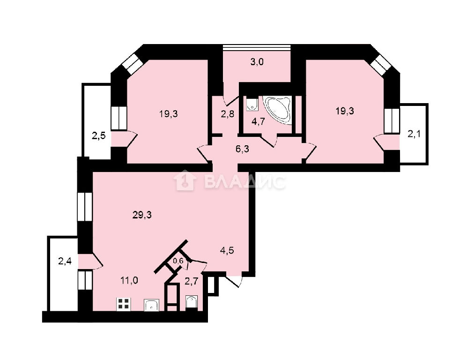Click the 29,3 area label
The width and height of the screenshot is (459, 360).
[x=142, y=215]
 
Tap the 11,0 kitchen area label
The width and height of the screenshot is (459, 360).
[x=129, y=281]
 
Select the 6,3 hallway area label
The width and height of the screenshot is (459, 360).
[x=243, y=149]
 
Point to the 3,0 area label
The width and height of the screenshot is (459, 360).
[x=257, y=62]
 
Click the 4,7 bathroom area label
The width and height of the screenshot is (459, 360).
[x=258, y=121]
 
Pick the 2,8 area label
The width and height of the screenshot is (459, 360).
[x=228, y=113]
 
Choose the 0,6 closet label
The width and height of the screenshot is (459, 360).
[x=178, y=261]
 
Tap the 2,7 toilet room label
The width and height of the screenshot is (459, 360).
[x=192, y=282]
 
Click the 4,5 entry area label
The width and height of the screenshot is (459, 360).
[x=227, y=251]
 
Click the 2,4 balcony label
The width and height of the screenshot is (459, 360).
[x=65, y=261]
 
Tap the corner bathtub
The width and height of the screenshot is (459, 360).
[x=277, y=111]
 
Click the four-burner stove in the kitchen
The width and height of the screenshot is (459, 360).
[x=124, y=304]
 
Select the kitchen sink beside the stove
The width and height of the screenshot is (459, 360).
[x=151, y=305]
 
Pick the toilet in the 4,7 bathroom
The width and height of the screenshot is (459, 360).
[x=252, y=105]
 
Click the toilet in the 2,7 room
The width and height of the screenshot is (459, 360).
[x=192, y=301]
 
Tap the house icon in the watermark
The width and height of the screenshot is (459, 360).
[x=184, y=180]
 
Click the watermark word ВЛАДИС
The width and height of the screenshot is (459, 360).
[x=244, y=181]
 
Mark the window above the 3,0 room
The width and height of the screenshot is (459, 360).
[x=257, y=47]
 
